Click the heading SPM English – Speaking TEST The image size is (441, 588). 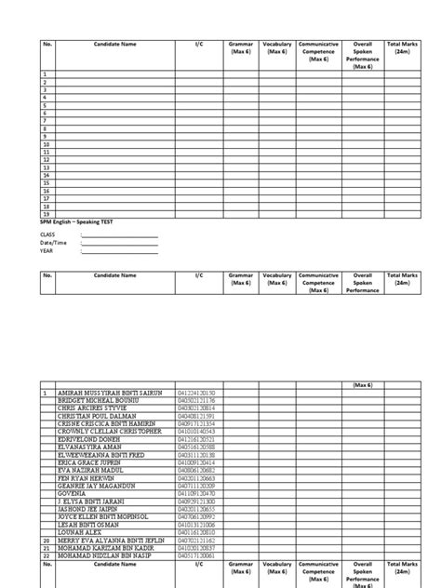pos(77,221)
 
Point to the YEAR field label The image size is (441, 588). pos(46,250)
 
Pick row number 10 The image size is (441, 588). pos(45,144)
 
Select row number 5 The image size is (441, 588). pos(44,105)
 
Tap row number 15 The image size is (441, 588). pos(45,183)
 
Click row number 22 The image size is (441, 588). pos(45,555)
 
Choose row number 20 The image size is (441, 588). pos(45,540)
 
